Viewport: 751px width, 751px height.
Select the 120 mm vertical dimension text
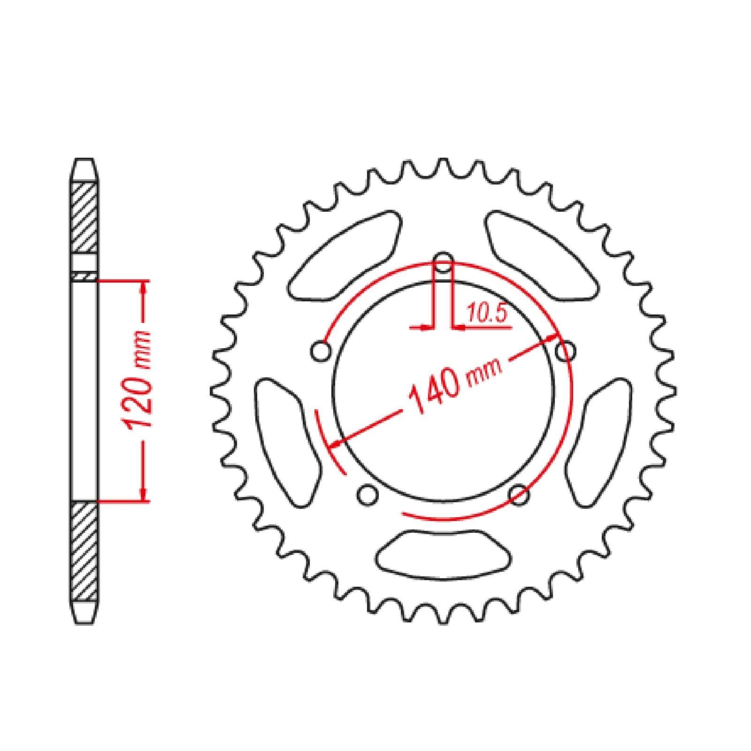tap(138, 379)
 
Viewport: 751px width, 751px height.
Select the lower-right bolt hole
tap(519, 495)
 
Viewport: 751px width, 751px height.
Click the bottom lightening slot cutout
tap(443, 553)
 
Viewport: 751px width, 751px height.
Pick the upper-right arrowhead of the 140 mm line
tap(552, 338)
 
